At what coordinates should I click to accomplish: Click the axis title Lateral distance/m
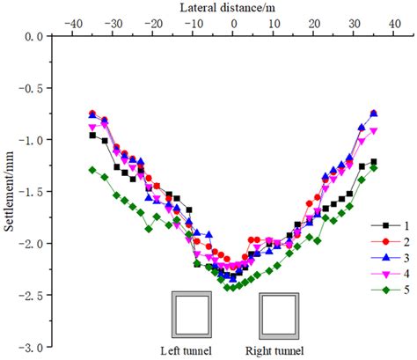[231, 7]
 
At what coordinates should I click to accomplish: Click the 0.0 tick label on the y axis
[33, 37]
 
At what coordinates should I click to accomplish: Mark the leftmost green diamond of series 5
[92, 170]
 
